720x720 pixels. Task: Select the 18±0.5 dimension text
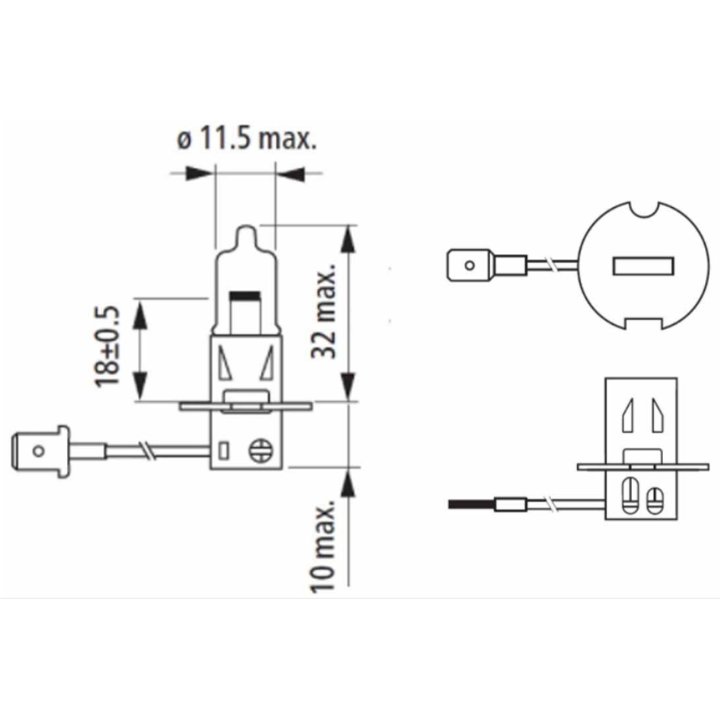(107, 347)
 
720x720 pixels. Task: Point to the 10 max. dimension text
(323, 547)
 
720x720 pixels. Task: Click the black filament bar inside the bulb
(244, 295)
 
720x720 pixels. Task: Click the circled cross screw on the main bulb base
(261, 451)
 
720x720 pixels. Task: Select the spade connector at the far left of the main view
(40, 451)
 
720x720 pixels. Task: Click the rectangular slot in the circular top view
(643, 266)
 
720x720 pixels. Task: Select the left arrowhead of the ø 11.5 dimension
(200, 174)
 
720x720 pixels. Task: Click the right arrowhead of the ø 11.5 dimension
(289, 174)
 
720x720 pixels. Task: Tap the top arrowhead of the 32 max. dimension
(349, 239)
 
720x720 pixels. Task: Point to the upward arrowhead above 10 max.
(348, 482)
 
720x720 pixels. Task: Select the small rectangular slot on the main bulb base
(224, 451)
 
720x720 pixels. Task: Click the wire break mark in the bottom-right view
(551, 504)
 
